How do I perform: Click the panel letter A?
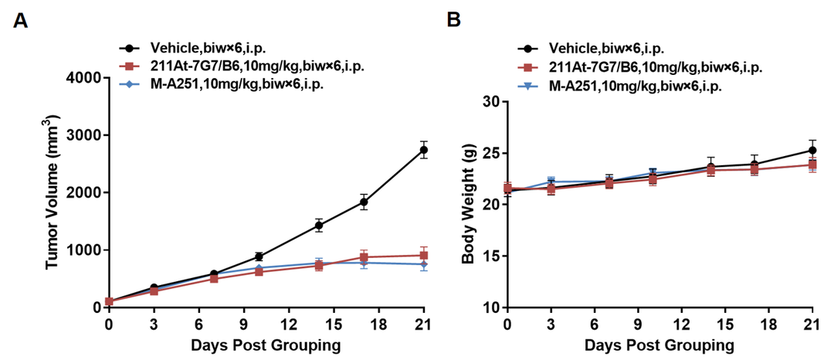tap(21, 21)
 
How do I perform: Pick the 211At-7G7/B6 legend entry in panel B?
tap(655, 67)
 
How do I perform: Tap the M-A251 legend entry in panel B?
tap(634, 86)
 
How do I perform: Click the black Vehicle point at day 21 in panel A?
tap(423, 150)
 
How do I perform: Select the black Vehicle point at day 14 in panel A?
tap(318, 226)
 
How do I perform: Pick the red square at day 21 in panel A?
tap(423, 255)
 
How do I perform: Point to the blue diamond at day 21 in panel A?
tap(423, 264)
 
